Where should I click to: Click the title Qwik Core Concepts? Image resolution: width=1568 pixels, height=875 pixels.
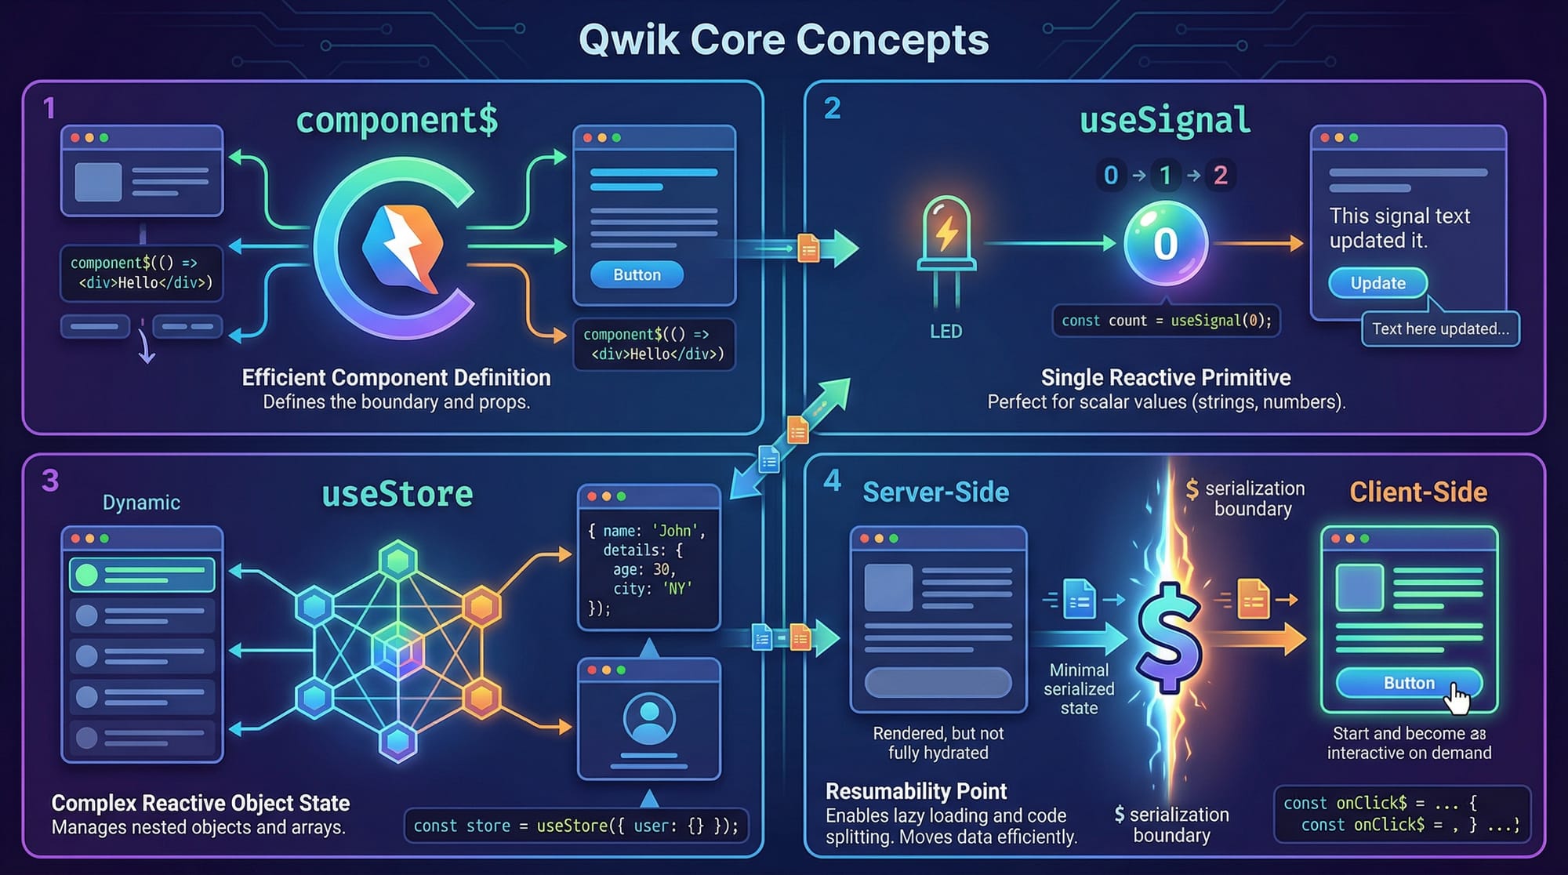pos(783,39)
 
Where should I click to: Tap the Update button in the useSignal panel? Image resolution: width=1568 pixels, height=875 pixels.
pos(1377,283)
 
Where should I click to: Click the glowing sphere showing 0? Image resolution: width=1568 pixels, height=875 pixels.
pos(1165,244)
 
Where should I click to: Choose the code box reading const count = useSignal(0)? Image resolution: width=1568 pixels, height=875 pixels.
pos(1166,321)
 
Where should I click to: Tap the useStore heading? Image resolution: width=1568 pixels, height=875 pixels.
pos(397,494)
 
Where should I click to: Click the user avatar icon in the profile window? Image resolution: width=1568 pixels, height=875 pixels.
pos(648,718)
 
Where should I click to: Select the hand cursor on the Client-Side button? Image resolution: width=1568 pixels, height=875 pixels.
pos(1458,698)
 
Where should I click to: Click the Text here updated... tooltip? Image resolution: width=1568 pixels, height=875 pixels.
pos(1440,329)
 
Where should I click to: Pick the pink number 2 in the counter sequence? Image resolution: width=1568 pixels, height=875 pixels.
pos(1221,175)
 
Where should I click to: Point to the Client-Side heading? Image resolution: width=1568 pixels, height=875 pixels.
pos(1418,492)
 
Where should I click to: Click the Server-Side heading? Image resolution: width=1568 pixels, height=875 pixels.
pos(935,492)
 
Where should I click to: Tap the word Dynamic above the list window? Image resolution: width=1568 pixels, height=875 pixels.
pos(141,503)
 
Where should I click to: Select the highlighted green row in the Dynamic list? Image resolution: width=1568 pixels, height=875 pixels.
pos(142,575)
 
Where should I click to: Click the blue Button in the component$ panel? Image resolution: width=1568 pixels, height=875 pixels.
pos(637,275)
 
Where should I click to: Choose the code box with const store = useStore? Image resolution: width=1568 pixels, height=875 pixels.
pos(575,826)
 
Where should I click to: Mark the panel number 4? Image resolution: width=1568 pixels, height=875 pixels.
pos(832,480)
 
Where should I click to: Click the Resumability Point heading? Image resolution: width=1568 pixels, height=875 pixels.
pos(916,791)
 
